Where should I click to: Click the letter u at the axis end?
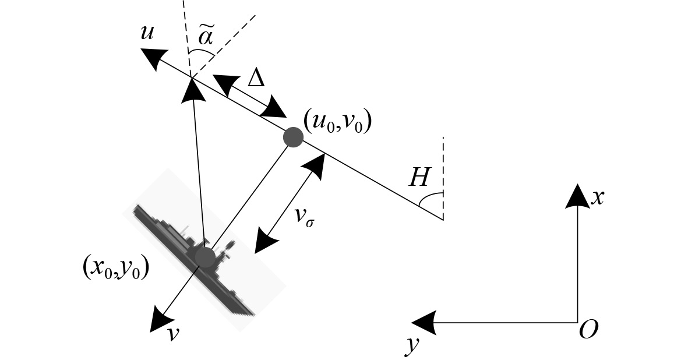click(x=147, y=33)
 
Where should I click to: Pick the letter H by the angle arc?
click(x=419, y=178)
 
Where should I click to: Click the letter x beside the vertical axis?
click(x=597, y=198)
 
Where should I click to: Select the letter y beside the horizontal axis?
click(x=412, y=345)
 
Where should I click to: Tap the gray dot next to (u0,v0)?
click(x=292, y=137)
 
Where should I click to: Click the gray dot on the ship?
click(x=204, y=256)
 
